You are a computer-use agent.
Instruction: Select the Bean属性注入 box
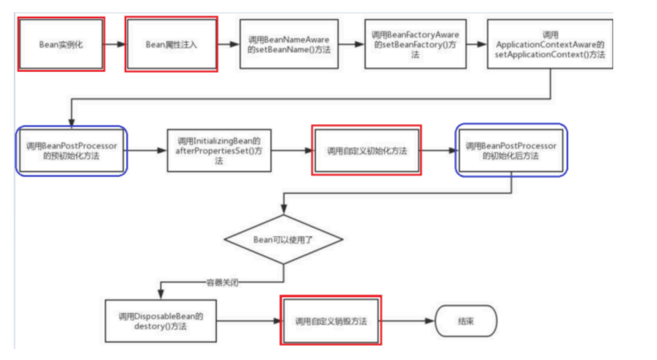pyautogui.click(x=171, y=44)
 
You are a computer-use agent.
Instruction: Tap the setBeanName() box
pyautogui.click(x=289, y=44)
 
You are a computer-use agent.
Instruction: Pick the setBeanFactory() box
pyautogui.click(x=415, y=44)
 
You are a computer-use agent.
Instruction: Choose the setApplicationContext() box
pyautogui.click(x=550, y=44)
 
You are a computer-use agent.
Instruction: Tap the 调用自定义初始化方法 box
pyautogui.click(x=367, y=151)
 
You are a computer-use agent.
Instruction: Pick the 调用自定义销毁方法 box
pyautogui.click(x=331, y=321)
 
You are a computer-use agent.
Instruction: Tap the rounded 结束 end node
pyautogui.click(x=466, y=320)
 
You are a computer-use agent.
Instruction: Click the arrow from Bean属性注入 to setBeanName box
pyautogui.click(x=228, y=44)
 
